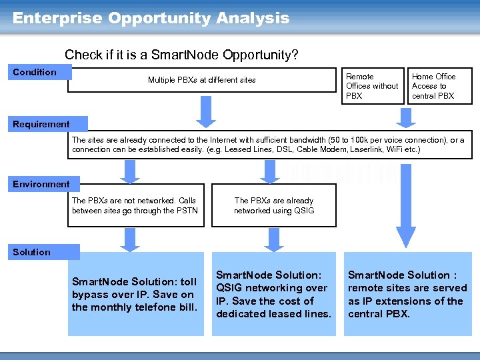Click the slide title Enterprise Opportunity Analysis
click(x=151, y=18)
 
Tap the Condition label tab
click(x=37, y=72)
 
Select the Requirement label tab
click(x=41, y=124)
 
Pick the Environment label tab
click(x=41, y=184)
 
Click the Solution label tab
click(x=32, y=252)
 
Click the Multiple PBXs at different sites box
click(x=202, y=80)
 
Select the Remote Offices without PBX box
click(x=372, y=86)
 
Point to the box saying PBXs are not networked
click(x=134, y=205)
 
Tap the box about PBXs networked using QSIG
click(x=273, y=205)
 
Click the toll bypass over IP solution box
click(x=135, y=294)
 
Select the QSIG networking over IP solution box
click(x=273, y=294)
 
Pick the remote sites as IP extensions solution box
click(x=407, y=294)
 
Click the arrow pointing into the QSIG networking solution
click(x=272, y=239)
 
